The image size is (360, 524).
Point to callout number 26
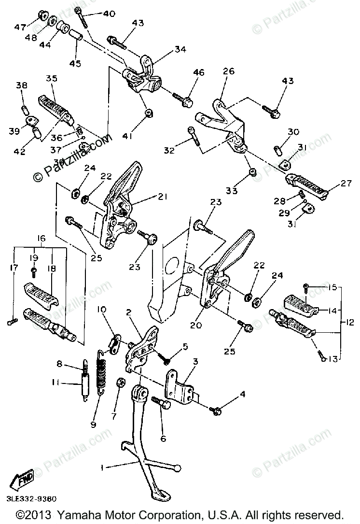(228, 71)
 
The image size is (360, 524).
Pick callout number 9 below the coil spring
(93, 425)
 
